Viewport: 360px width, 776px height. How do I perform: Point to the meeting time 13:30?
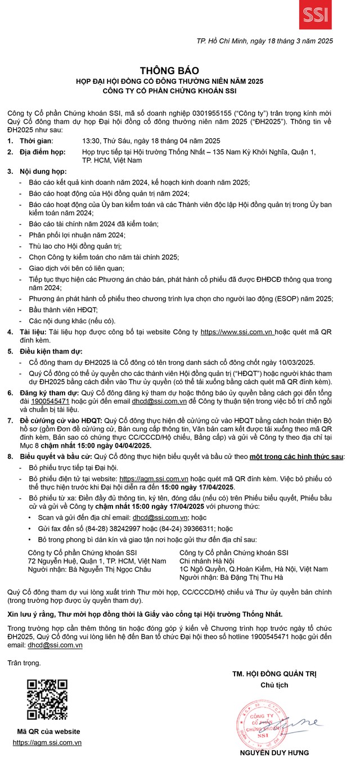92,141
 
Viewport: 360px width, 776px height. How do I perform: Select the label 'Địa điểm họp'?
43,152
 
